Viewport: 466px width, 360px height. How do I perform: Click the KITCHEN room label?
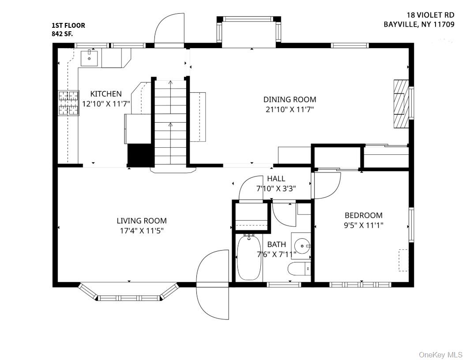pos(106,94)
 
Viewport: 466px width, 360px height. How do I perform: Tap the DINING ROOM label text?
pos(289,100)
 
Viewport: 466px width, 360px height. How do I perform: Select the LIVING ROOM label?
pos(142,221)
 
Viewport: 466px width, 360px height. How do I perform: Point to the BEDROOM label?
pos(363,215)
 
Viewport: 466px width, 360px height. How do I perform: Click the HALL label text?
pos(276,179)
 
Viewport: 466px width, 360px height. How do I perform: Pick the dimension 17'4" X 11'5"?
pos(142,231)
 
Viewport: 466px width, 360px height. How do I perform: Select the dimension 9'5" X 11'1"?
pos(363,225)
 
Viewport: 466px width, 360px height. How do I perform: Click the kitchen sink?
pos(90,58)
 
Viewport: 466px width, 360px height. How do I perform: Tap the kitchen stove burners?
pos(68,103)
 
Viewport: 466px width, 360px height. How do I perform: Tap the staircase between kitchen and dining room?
pos(170,124)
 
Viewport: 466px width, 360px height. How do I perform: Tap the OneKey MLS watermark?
pos(440,354)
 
